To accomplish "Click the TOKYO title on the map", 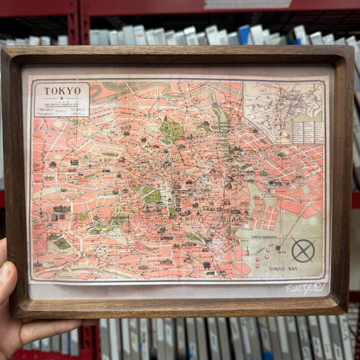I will point(62,90).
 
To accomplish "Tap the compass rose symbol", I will point(303,251).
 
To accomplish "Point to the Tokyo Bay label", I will point(282,269).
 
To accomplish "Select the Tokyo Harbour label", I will point(265,237).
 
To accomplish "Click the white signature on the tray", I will point(305,288).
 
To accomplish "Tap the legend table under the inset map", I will point(307,132).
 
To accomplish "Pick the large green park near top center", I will point(172,130).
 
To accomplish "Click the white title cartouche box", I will point(61,99).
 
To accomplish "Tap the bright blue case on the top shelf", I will point(244,34).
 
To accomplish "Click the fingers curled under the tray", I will point(41,332).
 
